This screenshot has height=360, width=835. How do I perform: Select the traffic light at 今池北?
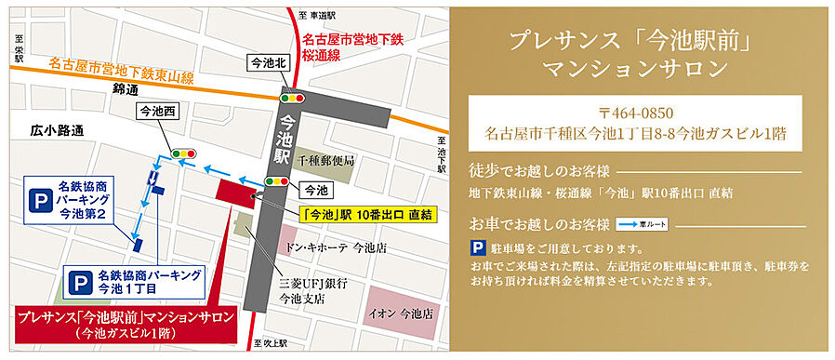point(294,96)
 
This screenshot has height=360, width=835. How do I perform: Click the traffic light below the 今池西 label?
point(183,153)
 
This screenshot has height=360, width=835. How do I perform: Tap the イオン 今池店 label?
point(402,313)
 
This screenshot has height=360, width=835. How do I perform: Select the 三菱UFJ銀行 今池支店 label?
point(305,292)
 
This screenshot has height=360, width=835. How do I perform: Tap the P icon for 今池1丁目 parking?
point(79,281)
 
